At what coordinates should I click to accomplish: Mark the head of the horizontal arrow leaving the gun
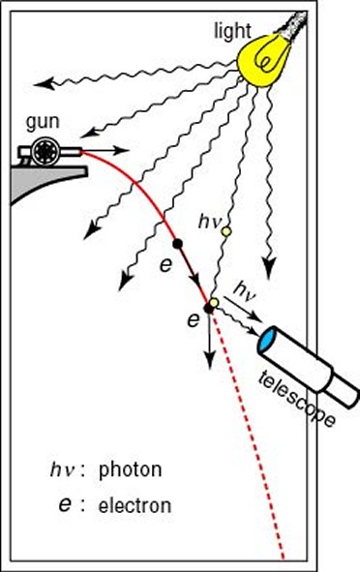click(123, 151)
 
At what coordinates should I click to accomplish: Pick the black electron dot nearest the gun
click(177, 243)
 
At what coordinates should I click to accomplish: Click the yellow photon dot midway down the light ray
click(225, 230)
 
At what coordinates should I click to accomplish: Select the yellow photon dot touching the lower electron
click(215, 303)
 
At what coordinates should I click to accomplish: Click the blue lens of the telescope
click(268, 341)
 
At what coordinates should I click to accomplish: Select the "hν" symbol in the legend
click(61, 471)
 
